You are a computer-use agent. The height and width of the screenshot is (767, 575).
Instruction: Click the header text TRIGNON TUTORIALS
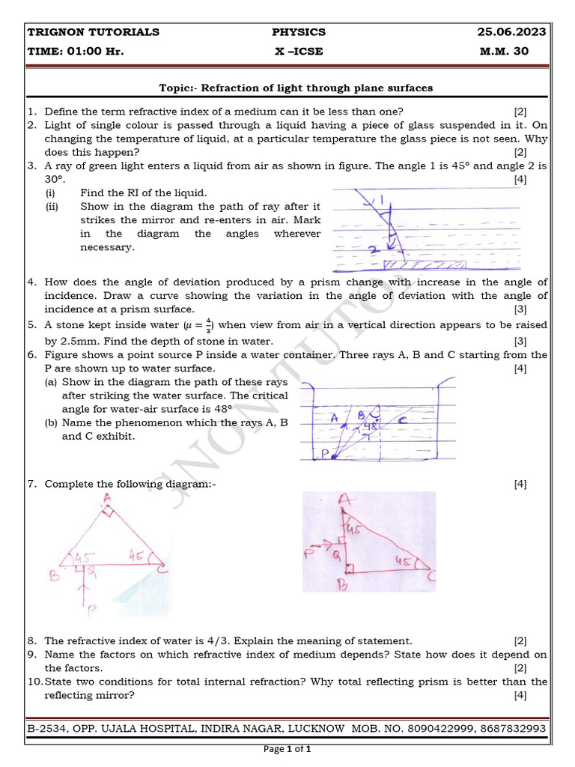pos(93,32)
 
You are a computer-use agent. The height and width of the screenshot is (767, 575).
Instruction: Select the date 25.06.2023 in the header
pos(511,32)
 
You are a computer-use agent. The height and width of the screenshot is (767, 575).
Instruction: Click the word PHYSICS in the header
pos(299,32)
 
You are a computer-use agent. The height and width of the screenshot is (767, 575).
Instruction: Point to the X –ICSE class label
pos(299,52)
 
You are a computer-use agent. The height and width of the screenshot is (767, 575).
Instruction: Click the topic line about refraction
pos(296,88)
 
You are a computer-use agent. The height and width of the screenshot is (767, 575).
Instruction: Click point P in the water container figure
pos(325,453)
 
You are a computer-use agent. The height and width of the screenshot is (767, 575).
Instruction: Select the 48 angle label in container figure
pos(369,427)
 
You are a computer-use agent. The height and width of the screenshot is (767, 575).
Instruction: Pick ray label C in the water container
pos(402,421)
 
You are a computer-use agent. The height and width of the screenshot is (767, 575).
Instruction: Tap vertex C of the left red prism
pos(163,573)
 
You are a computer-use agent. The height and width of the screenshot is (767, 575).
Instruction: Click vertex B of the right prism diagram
pos(342,586)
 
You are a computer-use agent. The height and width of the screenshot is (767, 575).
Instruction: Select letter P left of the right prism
pos(308,553)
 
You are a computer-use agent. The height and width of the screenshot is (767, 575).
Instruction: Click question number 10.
pos(34,682)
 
